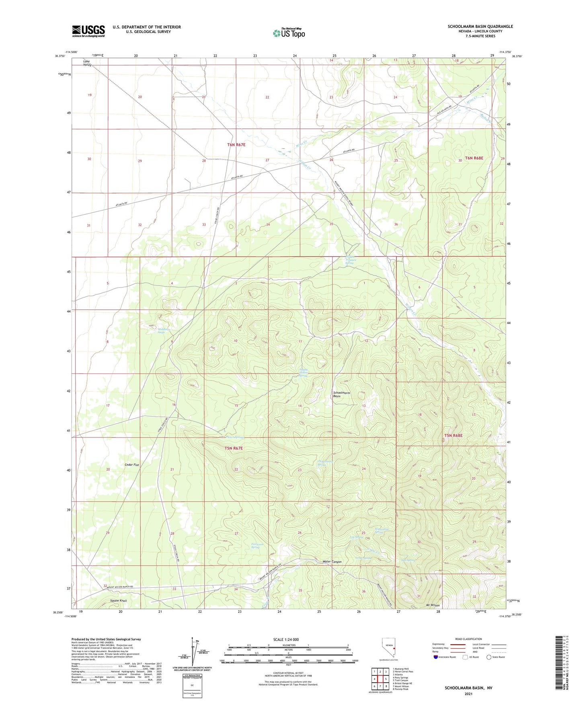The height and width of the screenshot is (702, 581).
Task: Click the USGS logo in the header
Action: point(88,31)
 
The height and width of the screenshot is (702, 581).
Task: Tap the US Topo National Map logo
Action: point(289,33)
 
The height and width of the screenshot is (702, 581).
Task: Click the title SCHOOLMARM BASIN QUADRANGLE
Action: point(480,27)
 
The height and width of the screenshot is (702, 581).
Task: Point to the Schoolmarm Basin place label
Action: point(342,394)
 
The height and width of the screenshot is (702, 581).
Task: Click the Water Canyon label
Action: point(332,562)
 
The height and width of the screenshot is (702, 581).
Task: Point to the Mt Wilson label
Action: point(433,606)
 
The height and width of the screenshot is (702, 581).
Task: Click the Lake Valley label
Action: point(87,63)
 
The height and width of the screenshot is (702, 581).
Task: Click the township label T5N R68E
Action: point(453,435)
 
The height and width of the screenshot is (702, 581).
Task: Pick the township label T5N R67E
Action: point(234,448)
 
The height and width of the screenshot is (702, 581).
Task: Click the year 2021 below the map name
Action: point(468,694)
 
